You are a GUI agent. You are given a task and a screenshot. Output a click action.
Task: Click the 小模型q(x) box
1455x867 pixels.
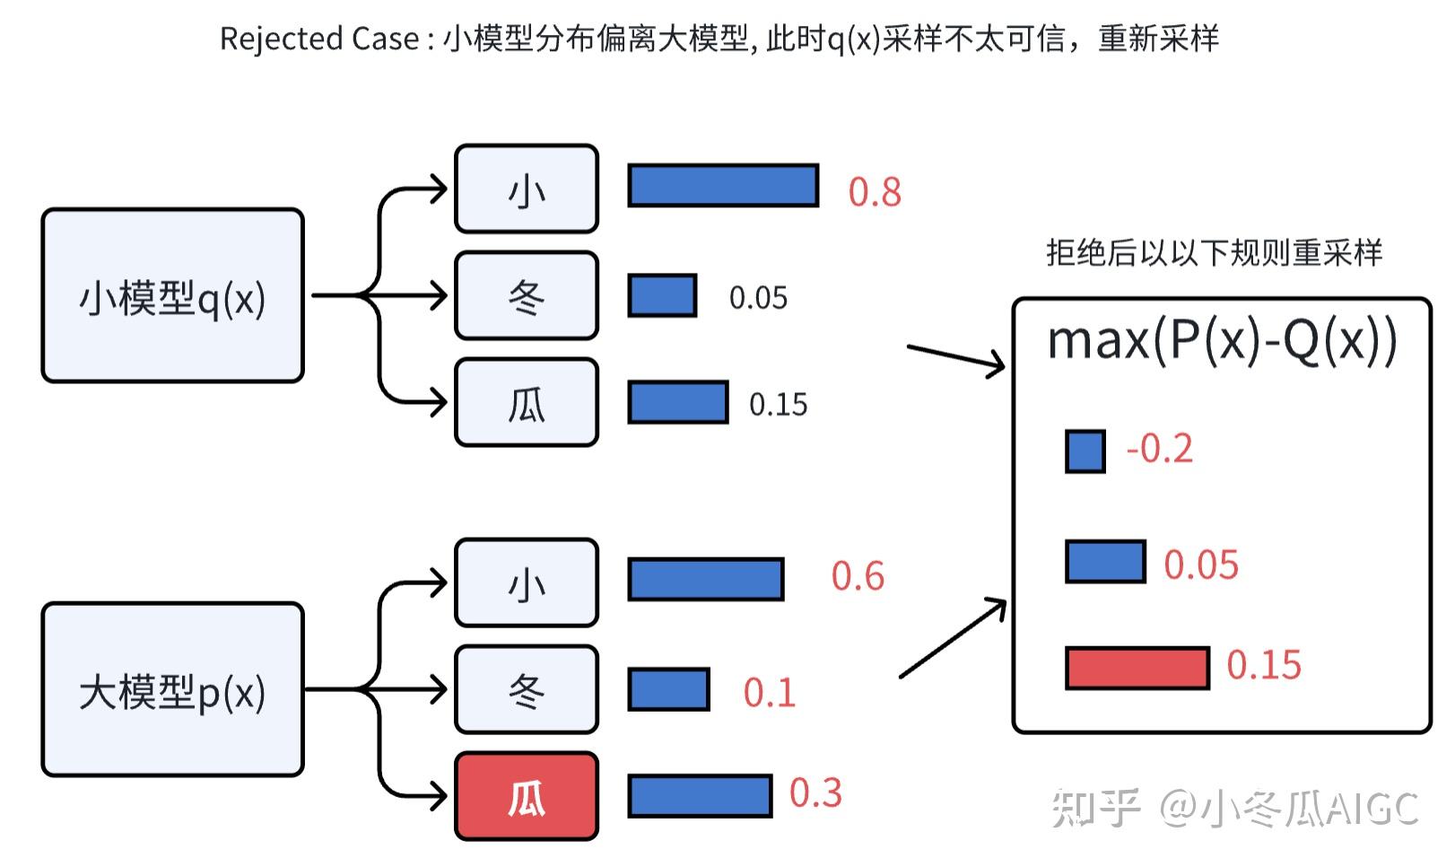(172, 296)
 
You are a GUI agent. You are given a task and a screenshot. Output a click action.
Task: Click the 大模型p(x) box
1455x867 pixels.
(172, 689)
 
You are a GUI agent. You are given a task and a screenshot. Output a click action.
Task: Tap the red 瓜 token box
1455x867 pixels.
(527, 796)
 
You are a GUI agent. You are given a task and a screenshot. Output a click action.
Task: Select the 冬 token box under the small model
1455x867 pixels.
(527, 295)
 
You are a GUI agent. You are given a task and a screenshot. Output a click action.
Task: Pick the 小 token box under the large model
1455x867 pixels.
(527, 582)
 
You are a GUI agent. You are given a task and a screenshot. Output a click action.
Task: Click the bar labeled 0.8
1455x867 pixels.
(723, 186)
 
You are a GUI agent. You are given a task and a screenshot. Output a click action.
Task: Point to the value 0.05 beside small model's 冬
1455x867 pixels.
(758, 298)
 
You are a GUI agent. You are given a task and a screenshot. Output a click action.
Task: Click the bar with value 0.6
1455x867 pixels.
(706, 579)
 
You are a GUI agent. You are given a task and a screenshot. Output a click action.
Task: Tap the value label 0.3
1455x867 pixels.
(815, 793)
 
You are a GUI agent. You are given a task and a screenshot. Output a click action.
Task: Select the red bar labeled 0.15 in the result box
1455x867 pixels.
(1137, 668)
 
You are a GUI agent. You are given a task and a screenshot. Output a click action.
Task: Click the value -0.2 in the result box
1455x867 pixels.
(1159, 449)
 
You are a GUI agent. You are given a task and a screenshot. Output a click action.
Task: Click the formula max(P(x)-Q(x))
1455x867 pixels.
(1222, 341)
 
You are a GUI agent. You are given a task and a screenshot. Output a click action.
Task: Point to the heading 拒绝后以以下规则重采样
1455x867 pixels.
(1214, 253)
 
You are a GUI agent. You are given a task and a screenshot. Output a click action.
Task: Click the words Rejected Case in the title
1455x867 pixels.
(319, 39)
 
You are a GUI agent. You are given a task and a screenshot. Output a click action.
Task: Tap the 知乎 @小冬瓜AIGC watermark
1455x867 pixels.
(1234, 808)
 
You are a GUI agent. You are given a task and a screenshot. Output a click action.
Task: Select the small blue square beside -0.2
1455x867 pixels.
(1085, 451)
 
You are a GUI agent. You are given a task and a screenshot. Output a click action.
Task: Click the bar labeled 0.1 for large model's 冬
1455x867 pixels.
(668, 689)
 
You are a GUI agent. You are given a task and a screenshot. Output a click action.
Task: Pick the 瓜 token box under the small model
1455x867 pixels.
(527, 403)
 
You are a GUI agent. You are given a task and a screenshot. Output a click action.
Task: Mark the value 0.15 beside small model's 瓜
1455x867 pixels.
(778, 405)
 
